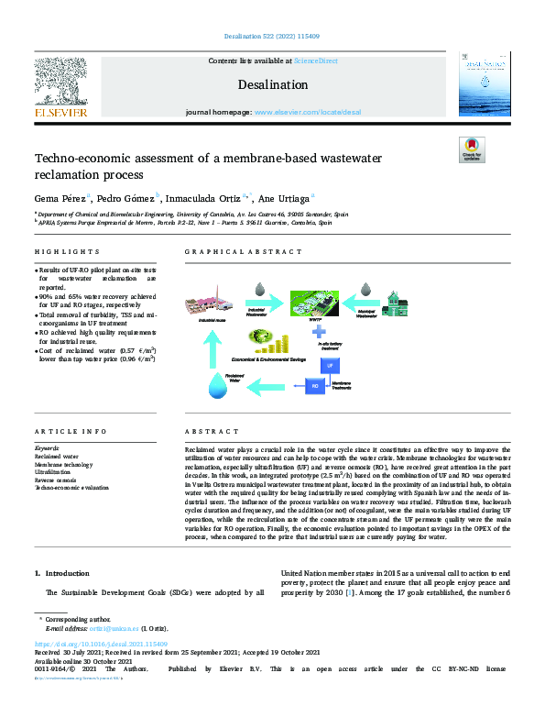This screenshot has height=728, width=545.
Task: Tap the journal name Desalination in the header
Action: click(274, 84)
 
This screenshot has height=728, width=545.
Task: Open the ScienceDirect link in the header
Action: click(314, 61)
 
